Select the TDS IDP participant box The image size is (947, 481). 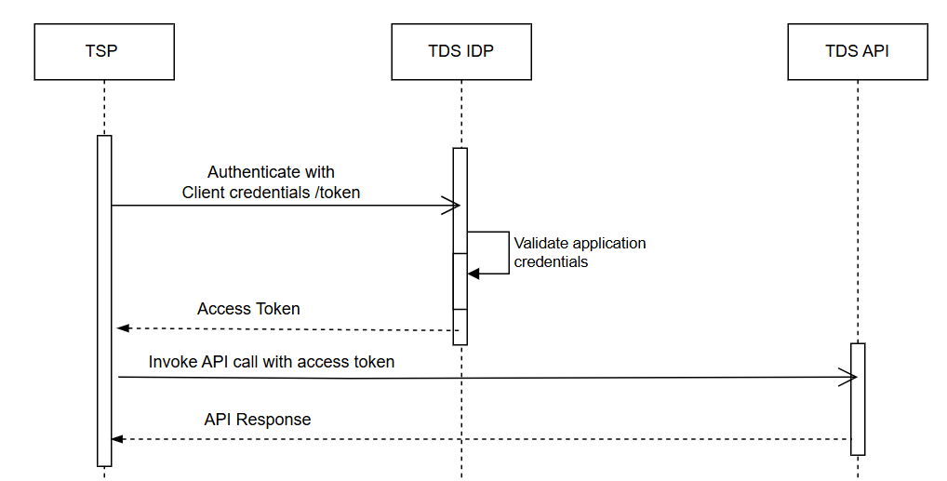point(461,51)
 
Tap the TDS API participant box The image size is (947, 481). point(857,51)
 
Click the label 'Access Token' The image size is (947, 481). point(248,309)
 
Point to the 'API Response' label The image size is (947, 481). point(258,420)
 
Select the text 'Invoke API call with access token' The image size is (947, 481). point(272,361)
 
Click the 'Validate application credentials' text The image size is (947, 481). point(580,252)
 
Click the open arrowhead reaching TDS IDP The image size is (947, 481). point(453,205)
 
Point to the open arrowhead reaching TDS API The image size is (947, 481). point(848,377)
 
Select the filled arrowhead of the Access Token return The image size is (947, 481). point(122,328)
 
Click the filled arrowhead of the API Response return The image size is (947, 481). point(116,438)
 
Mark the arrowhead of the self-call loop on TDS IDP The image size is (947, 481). point(473,274)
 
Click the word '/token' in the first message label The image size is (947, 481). point(338,193)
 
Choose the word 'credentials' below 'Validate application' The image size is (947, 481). point(552,262)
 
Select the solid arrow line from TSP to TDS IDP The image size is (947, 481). point(279,205)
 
